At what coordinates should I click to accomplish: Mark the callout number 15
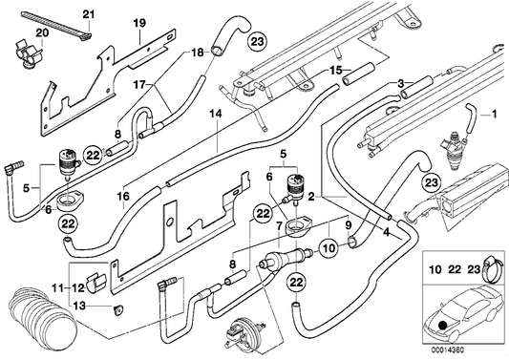335,70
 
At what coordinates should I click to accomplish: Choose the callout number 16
121,198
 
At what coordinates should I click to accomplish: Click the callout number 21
88,12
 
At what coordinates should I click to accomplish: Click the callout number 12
79,286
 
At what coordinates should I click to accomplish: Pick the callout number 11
58,286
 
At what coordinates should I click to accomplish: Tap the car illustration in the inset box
461,326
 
